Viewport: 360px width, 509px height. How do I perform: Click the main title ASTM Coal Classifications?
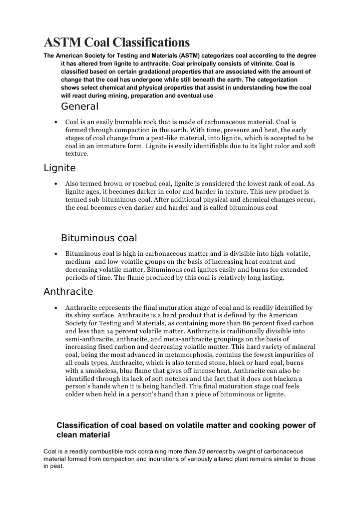tap(117, 42)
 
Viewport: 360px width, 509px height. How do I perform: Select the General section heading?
tap(80, 107)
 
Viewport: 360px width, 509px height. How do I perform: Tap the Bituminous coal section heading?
tap(99, 238)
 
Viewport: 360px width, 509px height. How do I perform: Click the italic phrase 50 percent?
tap(215, 452)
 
